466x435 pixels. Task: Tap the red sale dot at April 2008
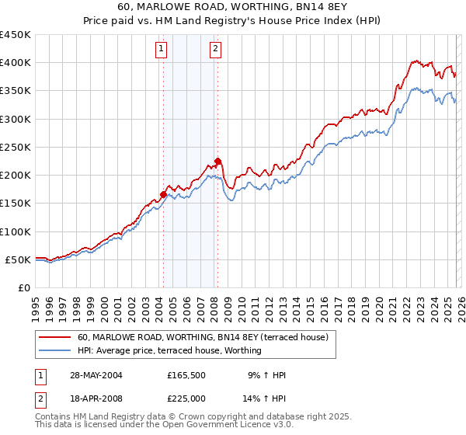pyautogui.click(x=217, y=162)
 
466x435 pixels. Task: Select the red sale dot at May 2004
pyautogui.click(x=164, y=195)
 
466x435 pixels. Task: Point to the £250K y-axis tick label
pyautogui.click(x=16, y=147)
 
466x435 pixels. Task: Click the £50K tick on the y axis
pyautogui.click(x=19, y=259)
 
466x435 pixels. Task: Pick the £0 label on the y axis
pyautogui.click(x=25, y=287)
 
